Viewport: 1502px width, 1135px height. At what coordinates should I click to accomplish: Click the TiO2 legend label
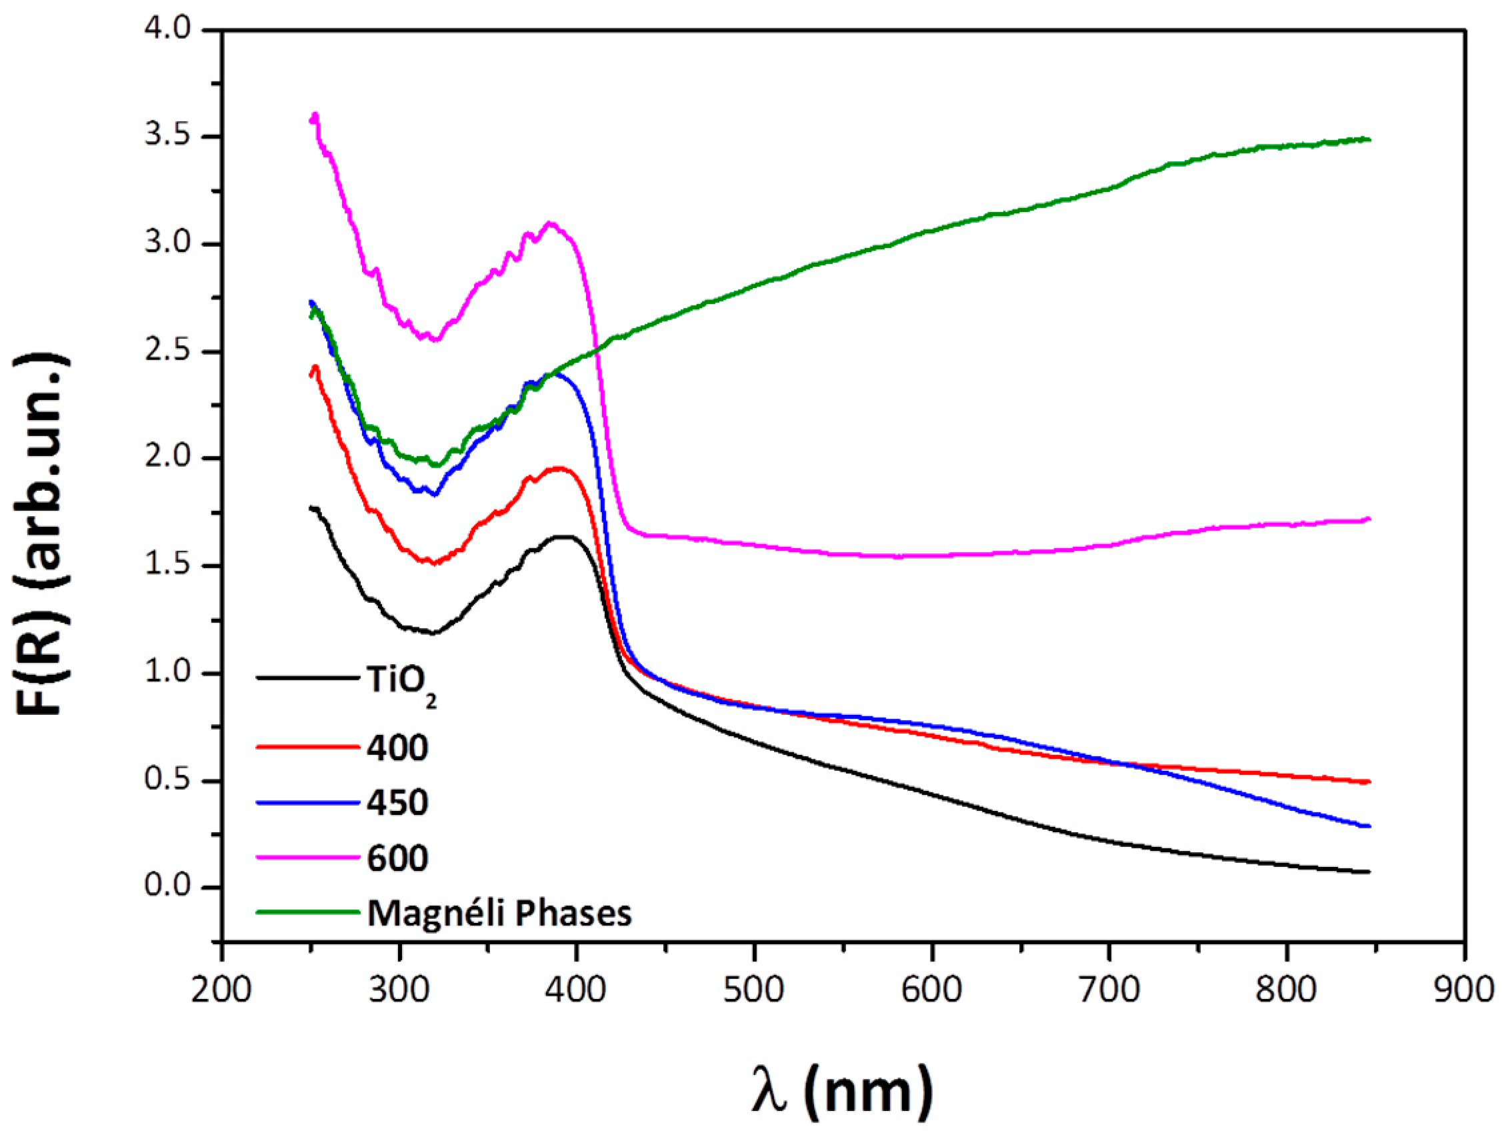pos(401,682)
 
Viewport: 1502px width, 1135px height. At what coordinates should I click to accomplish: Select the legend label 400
pos(397,748)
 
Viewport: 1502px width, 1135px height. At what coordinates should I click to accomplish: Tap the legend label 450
pos(397,803)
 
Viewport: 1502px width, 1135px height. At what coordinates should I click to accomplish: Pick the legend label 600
pos(397,858)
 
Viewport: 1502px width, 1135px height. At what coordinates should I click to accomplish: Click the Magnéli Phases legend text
pos(499,914)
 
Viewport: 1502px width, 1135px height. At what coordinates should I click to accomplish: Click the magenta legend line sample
pos(307,857)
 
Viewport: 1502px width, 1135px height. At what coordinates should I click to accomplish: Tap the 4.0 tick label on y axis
pos(168,29)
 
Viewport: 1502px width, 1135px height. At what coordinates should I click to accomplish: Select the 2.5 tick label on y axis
pos(168,352)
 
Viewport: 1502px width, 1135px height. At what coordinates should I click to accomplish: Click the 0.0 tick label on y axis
pos(168,886)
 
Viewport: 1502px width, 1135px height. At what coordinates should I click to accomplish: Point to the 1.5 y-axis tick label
pos(168,565)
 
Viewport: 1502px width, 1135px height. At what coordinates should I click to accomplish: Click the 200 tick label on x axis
pos(221,990)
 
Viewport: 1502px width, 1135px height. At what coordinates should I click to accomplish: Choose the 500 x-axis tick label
pos(754,990)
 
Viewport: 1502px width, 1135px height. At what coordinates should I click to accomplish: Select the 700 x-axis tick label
pos(1109,990)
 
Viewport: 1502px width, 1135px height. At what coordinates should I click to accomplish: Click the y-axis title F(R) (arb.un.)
pos(42,533)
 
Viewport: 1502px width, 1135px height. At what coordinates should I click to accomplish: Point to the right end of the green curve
pos(1369,139)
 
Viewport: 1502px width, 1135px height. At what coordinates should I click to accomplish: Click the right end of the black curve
pos(1369,872)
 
